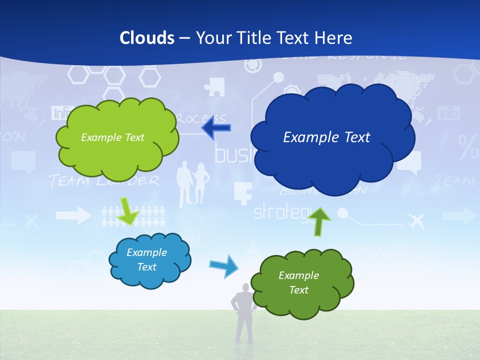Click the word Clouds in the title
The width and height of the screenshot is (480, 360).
tap(147, 38)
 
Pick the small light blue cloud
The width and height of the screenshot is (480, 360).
tap(149, 260)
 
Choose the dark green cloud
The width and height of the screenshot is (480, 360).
tap(302, 283)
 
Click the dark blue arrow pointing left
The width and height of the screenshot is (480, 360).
tap(216, 128)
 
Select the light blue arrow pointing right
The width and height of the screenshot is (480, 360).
tap(223, 265)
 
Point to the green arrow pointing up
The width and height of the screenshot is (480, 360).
tap(318, 220)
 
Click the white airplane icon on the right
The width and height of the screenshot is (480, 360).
tap(415, 220)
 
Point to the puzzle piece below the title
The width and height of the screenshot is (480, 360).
tap(214, 86)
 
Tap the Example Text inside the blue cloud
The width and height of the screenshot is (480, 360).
tap(326, 137)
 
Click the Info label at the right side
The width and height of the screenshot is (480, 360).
tap(448, 113)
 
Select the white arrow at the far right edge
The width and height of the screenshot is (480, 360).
tap(459, 215)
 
